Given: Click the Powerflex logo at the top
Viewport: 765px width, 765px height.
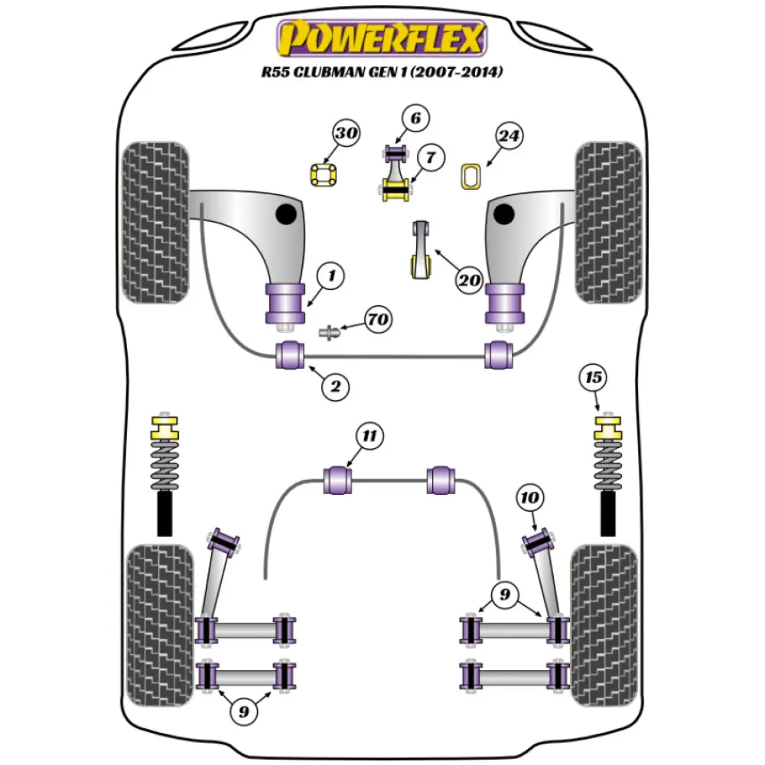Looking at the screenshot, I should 382,38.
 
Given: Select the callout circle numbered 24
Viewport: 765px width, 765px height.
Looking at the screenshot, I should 509,137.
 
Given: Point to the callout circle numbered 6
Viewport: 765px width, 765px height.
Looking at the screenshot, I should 415,119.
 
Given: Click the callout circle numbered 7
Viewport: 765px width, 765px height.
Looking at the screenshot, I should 431,158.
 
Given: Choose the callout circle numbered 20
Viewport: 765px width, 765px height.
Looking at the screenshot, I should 469,280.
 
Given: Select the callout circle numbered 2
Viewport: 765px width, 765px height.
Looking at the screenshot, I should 334,387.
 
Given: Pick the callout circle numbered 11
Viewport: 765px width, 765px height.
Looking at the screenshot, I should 369,437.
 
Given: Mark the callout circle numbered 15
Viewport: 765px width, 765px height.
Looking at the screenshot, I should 594,378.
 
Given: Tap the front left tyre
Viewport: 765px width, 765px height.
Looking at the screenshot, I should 155,222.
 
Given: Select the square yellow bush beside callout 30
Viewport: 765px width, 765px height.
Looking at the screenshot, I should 324,176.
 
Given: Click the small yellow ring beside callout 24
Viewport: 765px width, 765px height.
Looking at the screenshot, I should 470,176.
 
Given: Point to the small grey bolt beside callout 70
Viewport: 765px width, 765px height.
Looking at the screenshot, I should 329,333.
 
